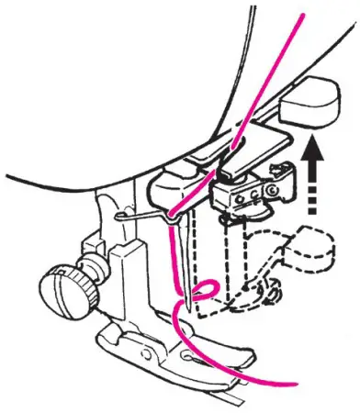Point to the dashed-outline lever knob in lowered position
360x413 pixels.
point(309,249)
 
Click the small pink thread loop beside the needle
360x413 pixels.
point(205,292)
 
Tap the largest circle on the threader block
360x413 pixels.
point(271,190)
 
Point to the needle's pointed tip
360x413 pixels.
point(188,306)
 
